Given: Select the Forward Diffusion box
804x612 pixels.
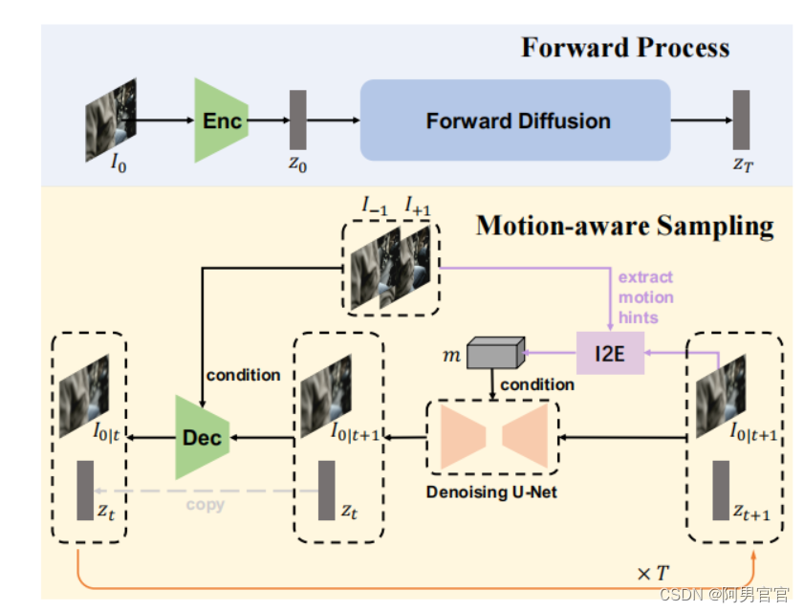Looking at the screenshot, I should (x=515, y=120).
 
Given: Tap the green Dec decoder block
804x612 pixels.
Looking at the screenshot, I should (x=202, y=438).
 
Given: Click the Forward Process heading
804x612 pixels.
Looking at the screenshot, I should (x=624, y=48).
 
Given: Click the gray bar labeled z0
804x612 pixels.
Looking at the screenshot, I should (x=297, y=120).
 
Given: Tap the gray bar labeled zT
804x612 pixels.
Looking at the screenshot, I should (x=741, y=120).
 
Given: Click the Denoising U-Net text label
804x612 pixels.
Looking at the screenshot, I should (x=491, y=492).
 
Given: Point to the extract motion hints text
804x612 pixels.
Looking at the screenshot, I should (x=645, y=297).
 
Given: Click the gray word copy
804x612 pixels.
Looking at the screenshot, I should (x=205, y=504).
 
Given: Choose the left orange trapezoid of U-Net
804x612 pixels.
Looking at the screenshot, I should (x=463, y=438).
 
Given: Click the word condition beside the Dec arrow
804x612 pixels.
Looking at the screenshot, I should (x=243, y=375).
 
